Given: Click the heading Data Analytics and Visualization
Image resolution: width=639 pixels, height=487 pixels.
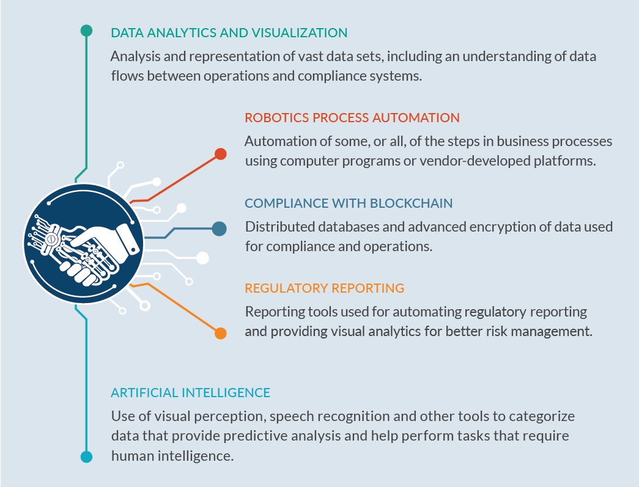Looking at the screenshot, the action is (x=229, y=32).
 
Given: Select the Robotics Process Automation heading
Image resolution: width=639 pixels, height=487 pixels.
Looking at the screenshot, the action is (x=352, y=118).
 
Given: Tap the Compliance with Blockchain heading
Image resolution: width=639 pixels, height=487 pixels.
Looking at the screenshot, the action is (x=349, y=203).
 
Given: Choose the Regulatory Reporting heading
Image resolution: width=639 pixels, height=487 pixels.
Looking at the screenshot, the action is (x=324, y=288).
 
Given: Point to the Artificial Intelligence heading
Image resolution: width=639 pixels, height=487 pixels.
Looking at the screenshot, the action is (x=190, y=392).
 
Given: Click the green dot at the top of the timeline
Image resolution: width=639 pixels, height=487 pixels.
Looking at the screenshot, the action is (x=86, y=31).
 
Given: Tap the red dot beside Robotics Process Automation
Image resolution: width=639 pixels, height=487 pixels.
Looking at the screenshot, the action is (x=221, y=154).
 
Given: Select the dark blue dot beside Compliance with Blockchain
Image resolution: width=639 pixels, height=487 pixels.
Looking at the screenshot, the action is (x=220, y=229).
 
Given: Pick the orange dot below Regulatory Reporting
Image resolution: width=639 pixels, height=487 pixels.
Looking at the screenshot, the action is (x=221, y=333).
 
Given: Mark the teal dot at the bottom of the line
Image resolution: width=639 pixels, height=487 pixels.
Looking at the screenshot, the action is (x=86, y=457).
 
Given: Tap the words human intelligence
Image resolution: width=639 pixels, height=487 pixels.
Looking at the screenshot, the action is (x=172, y=456).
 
